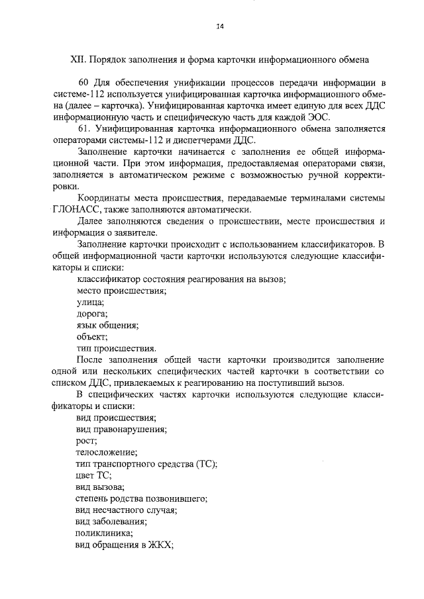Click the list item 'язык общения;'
[x=107, y=325]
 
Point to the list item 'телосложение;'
[x=107, y=452]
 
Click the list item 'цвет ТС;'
[x=94, y=475]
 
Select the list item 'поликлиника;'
[x=104, y=533]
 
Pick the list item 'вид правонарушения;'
[x=121, y=429]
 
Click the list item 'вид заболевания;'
[x=111, y=522]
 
